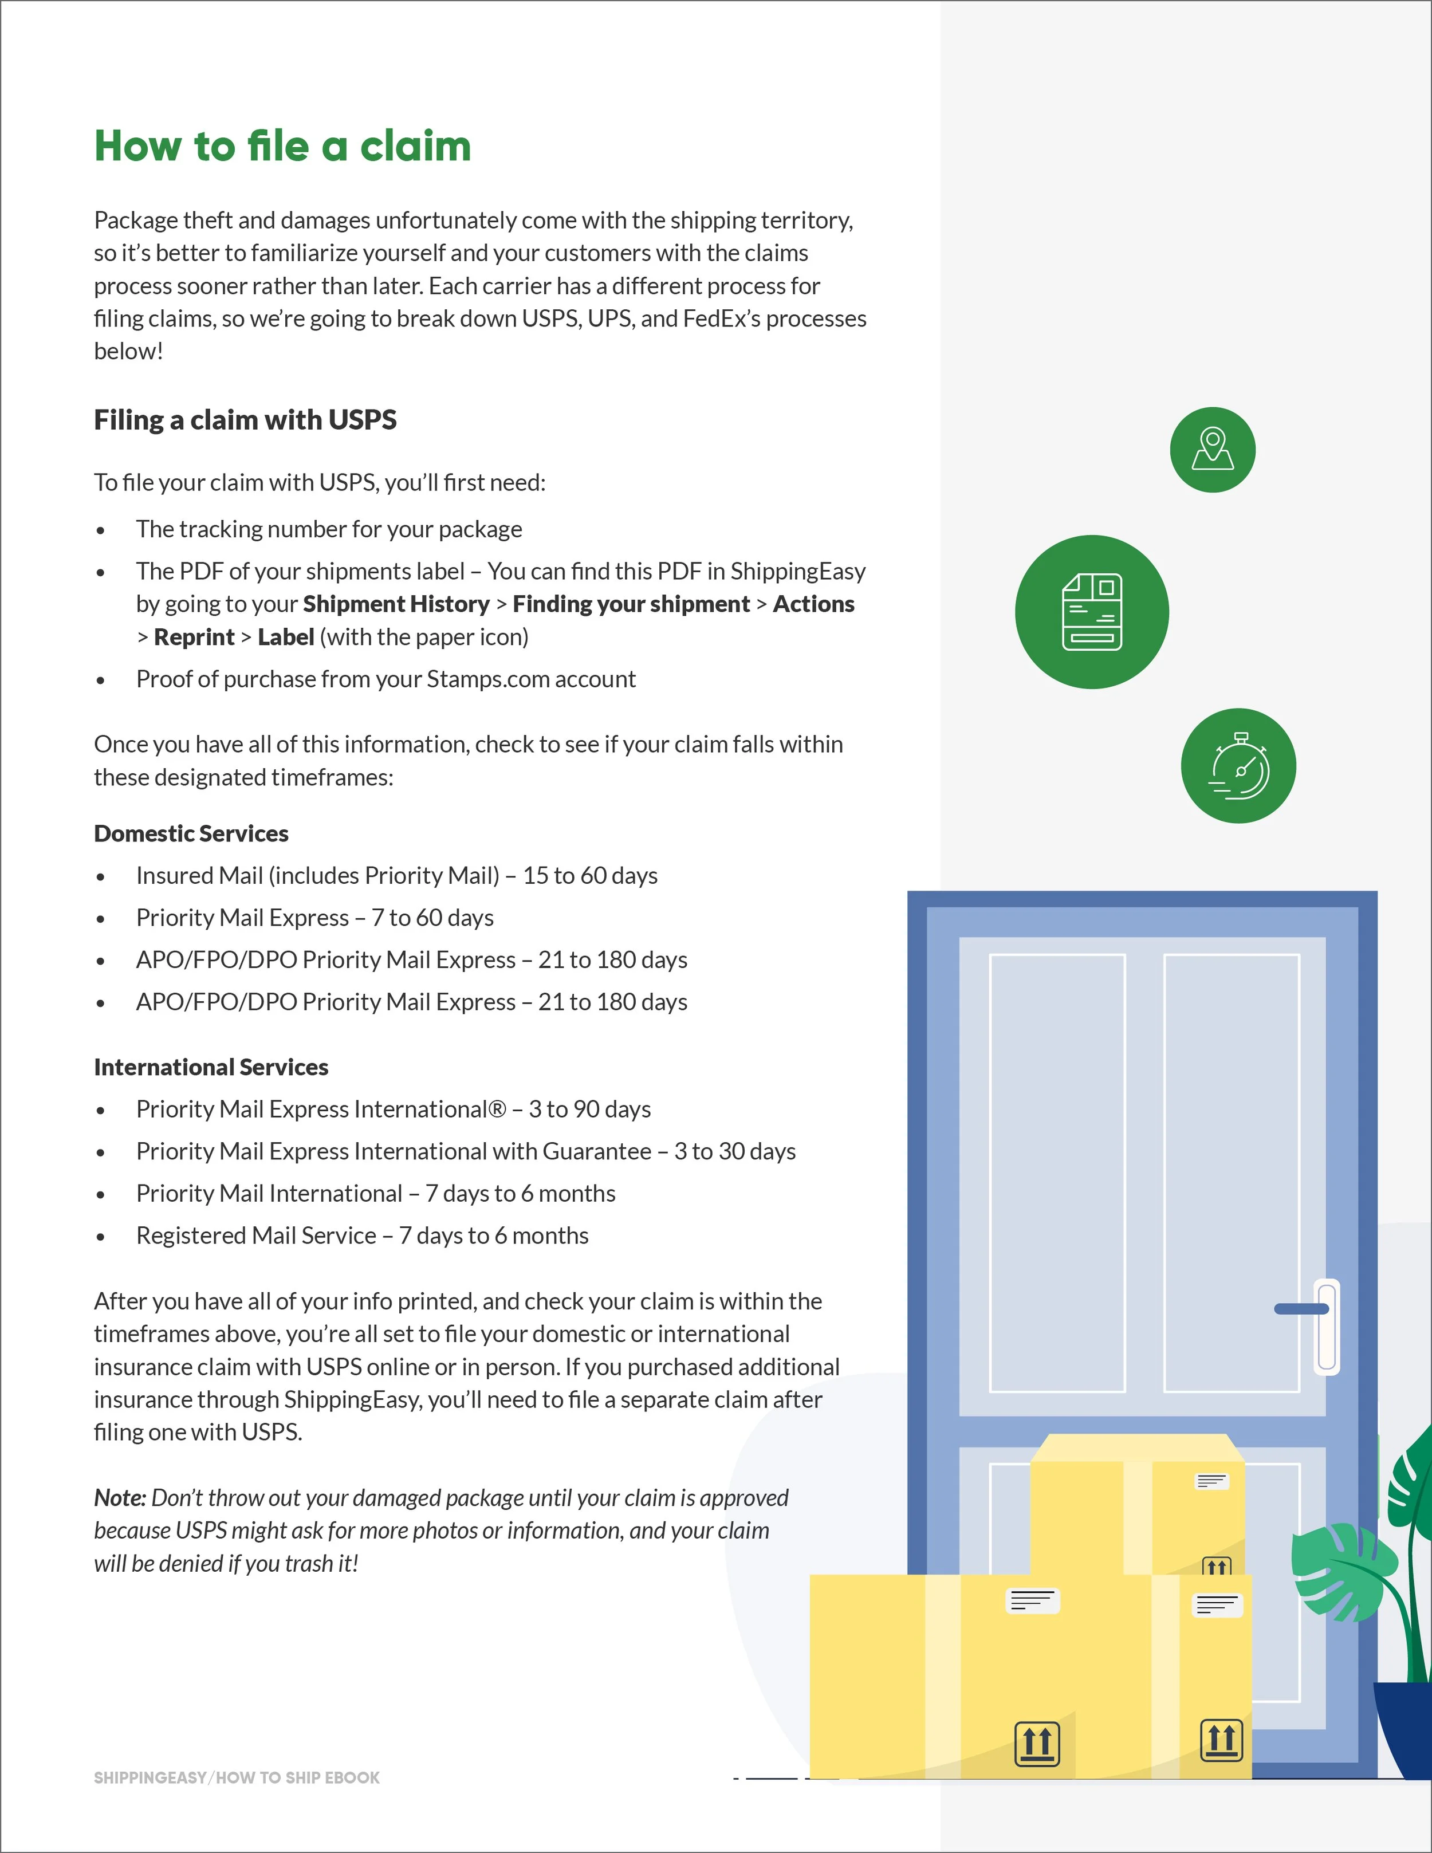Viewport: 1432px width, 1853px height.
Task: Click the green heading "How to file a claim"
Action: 282,146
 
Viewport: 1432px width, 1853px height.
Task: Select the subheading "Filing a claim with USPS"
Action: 245,420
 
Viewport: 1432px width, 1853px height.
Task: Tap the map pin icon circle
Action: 1212,450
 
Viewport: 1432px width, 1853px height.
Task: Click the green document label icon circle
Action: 1092,612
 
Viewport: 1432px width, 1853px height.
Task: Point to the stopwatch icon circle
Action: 1238,765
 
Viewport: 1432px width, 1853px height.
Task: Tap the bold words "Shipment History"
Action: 396,604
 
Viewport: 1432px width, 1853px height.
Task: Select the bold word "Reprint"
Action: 194,637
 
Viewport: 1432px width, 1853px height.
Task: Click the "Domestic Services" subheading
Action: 191,833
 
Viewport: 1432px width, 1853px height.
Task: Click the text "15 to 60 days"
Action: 589,876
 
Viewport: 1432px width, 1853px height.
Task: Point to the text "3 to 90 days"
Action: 589,1109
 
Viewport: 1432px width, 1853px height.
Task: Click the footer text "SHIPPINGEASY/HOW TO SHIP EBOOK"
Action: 237,1777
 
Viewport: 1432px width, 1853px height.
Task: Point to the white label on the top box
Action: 1211,1481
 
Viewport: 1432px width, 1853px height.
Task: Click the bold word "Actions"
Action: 813,604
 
